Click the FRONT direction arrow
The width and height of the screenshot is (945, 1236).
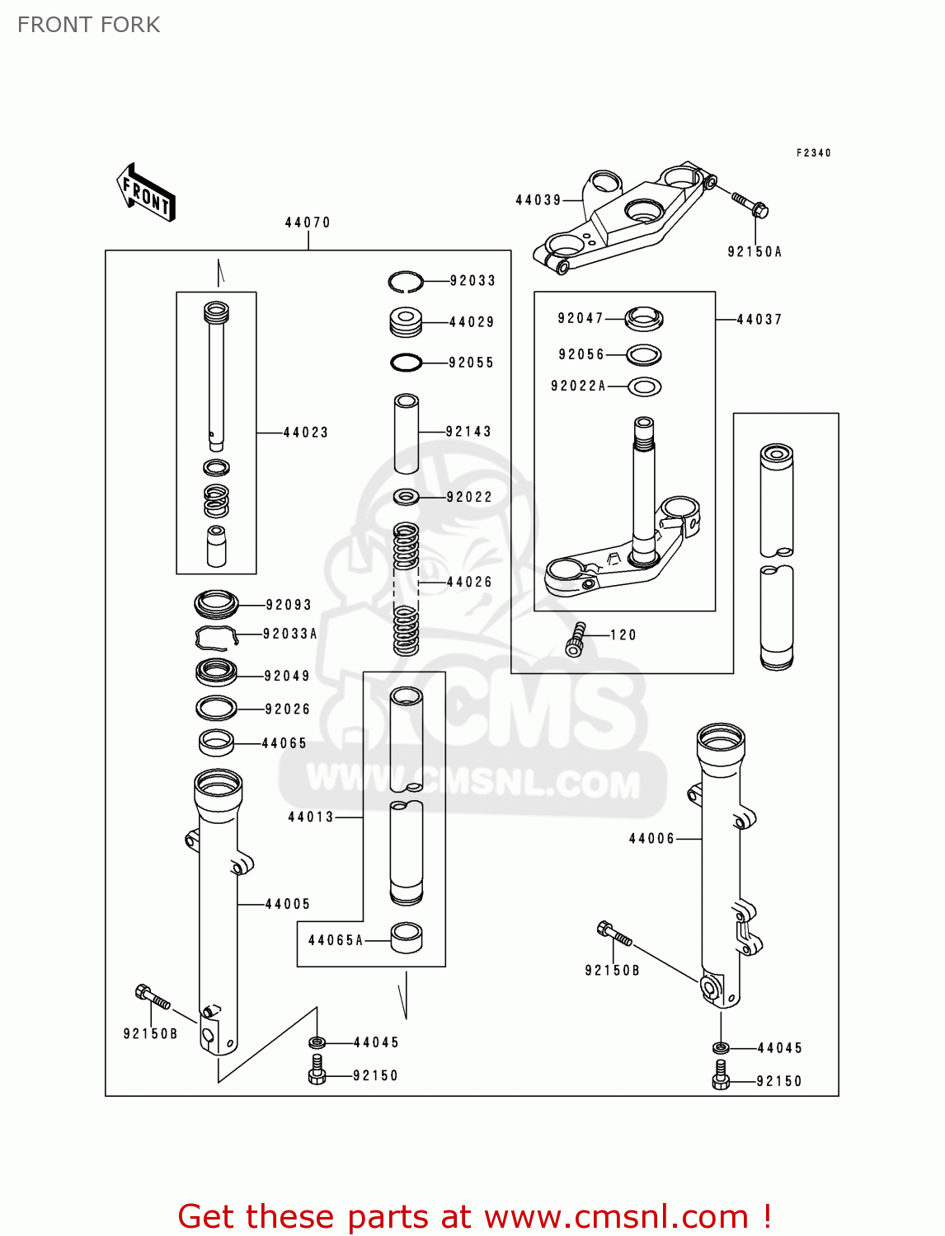click(x=146, y=192)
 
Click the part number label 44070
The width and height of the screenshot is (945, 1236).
click(x=308, y=222)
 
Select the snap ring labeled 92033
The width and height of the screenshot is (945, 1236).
click(x=406, y=282)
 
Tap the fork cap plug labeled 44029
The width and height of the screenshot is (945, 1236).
click(x=406, y=322)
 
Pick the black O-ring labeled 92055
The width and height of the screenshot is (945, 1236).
click(x=406, y=363)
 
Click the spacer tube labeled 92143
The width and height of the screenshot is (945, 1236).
click(x=406, y=433)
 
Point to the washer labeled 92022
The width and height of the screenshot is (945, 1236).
click(x=407, y=497)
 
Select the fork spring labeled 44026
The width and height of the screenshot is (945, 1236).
click(x=406, y=589)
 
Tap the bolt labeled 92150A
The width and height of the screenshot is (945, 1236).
click(x=750, y=203)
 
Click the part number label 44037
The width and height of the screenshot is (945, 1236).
click(x=759, y=320)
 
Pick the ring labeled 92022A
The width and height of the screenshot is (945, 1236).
click(x=644, y=386)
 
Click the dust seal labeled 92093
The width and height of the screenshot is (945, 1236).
click(x=216, y=604)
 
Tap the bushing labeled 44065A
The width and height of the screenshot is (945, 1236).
click(x=406, y=938)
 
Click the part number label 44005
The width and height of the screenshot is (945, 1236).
click(x=287, y=904)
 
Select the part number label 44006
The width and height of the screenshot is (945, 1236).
click(x=651, y=839)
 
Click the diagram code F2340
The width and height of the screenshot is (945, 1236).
click(x=813, y=153)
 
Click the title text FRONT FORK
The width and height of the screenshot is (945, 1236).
click(x=89, y=25)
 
